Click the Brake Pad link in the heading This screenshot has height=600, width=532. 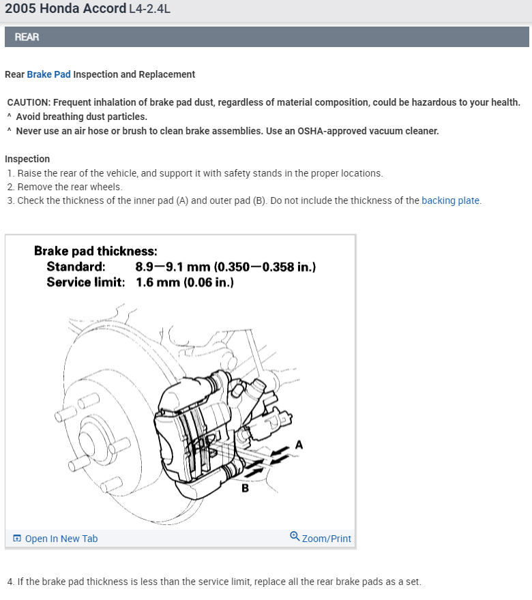48,74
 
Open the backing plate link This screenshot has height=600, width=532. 450,200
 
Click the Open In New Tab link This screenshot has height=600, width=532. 61,539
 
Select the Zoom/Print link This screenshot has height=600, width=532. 326,539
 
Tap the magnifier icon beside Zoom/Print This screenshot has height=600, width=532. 295,536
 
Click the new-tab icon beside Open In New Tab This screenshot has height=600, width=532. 17,539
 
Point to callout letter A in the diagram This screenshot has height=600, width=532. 299,445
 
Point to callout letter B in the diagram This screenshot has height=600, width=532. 245,488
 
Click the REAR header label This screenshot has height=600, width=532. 27,37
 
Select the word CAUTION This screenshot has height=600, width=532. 29,102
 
